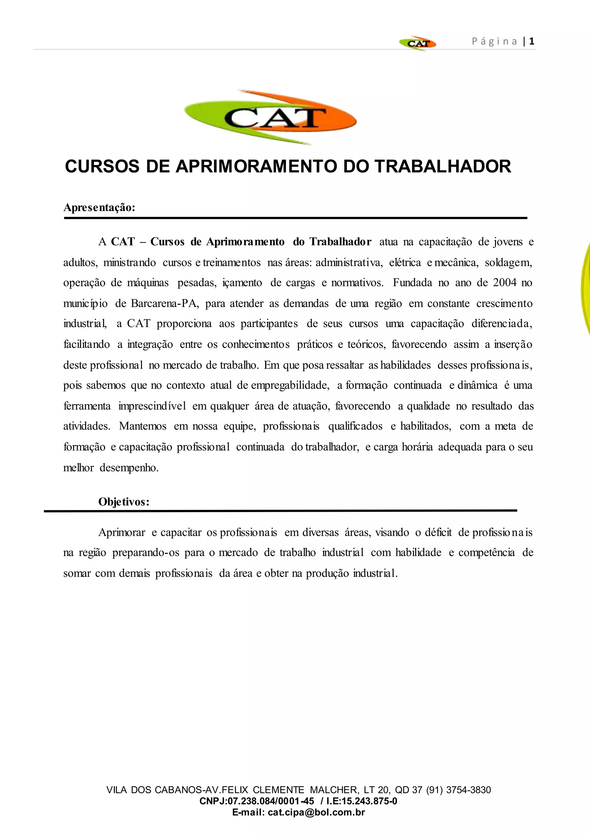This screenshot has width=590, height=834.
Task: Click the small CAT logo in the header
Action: pyautogui.click(x=418, y=43)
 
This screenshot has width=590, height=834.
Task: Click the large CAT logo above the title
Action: pyautogui.click(x=271, y=117)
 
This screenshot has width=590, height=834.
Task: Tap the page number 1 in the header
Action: pyautogui.click(x=532, y=41)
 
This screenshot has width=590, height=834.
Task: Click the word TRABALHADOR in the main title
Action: pyautogui.click(x=443, y=166)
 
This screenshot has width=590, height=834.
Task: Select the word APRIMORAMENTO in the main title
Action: pyautogui.click(x=257, y=166)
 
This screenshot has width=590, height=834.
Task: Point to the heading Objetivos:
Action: pyautogui.click(x=124, y=502)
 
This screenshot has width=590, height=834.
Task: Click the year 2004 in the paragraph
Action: pyautogui.click(x=505, y=283)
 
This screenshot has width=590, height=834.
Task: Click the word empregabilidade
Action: pyautogui.click(x=290, y=385)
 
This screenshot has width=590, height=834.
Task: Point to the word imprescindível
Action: pyautogui.click(x=152, y=406)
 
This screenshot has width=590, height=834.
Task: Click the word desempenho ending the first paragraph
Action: pyautogui.click(x=129, y=467)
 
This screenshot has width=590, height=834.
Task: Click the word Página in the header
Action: pyautogui.click(x=494, y=41)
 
